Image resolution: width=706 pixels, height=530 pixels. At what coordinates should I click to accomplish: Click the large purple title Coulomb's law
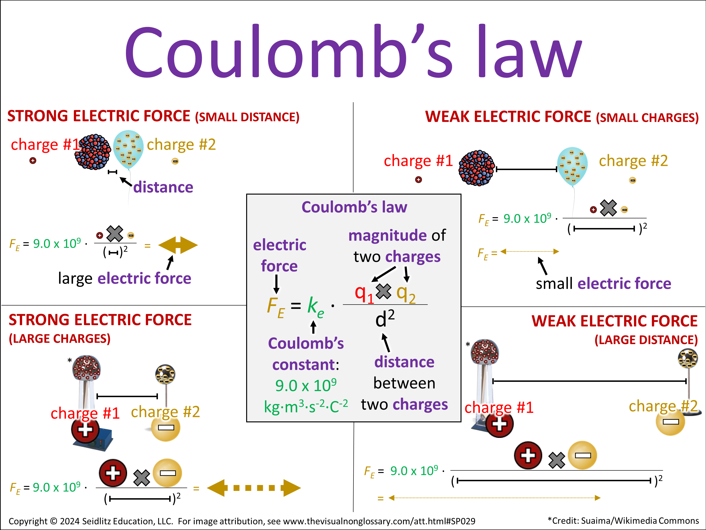point(353,53)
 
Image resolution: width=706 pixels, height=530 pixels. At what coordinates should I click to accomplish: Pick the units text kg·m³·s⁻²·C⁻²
point(305,406)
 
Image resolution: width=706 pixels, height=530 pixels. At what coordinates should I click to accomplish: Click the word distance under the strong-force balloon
point(163,187)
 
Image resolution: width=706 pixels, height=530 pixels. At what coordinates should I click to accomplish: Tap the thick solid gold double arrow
point(178,245)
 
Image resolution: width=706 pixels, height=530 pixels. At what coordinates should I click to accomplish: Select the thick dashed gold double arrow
point(254,488)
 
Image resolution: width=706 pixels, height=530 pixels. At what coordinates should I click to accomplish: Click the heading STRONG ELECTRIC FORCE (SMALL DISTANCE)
point(153,116)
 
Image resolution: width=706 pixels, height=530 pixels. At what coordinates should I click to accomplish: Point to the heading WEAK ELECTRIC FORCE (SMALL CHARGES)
point(562,117)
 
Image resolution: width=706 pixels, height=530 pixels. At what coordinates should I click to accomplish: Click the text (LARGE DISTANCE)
point(646,340)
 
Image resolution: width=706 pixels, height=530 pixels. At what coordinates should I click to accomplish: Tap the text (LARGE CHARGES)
point(60,339)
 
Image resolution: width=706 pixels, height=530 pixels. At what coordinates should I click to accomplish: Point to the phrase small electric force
point(603,284)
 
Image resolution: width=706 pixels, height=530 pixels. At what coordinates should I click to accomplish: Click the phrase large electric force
point(124,278)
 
